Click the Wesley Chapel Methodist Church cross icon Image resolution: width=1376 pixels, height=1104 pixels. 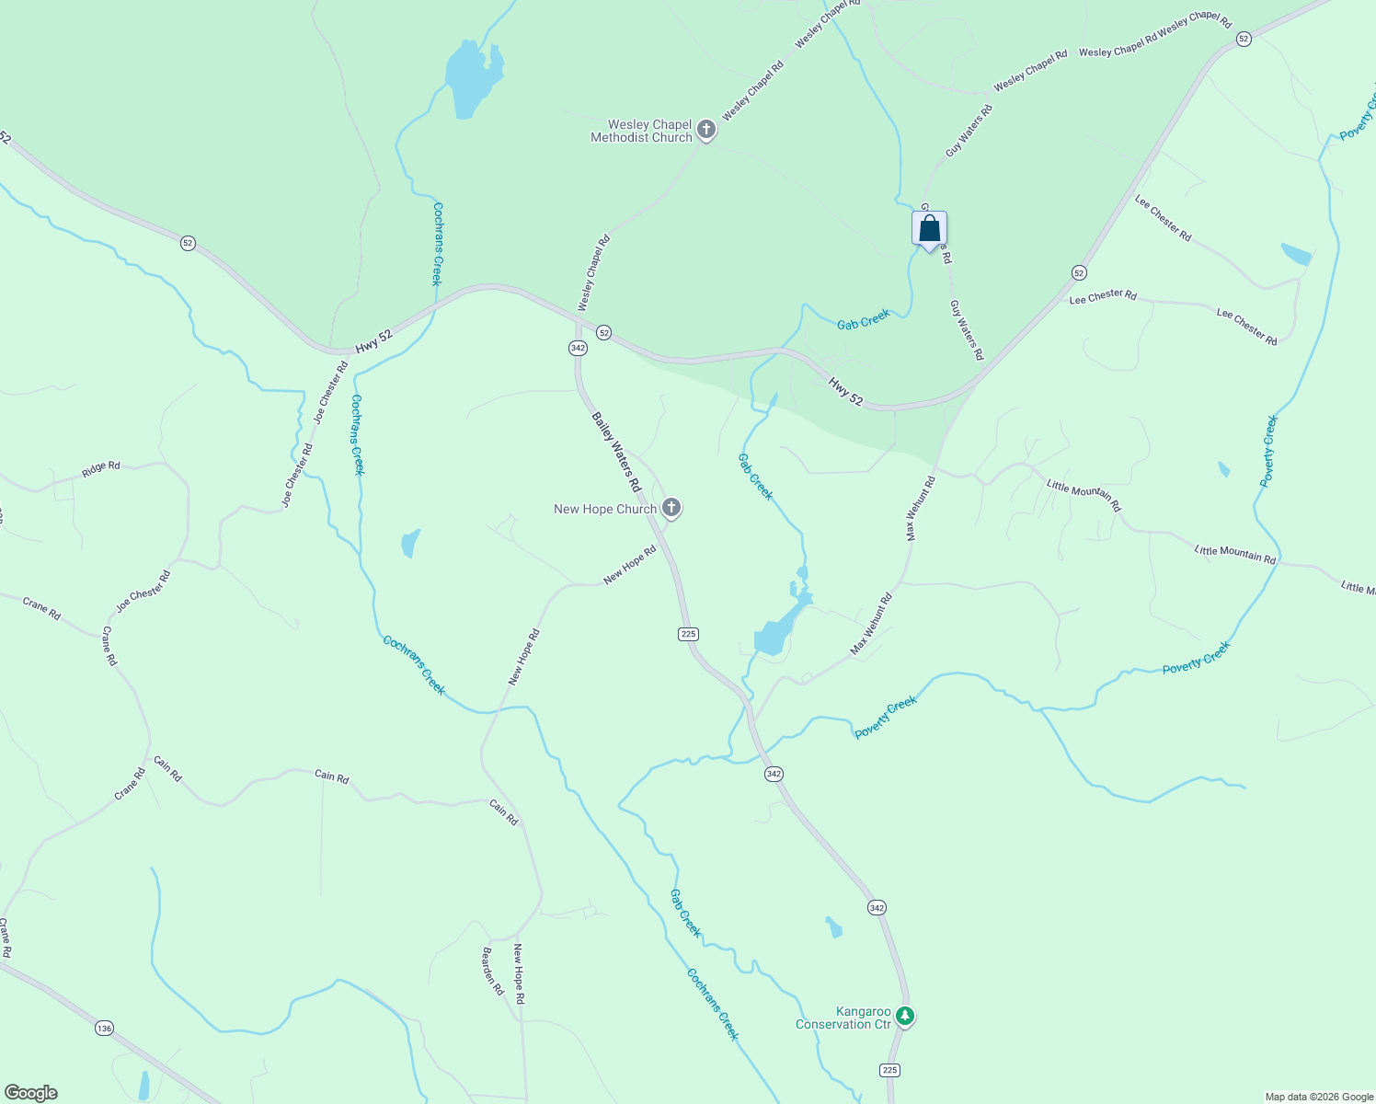706,130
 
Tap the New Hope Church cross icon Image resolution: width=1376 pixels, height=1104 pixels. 671,508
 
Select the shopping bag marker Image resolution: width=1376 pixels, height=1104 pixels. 929,229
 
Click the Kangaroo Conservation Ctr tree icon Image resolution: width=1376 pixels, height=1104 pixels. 906,1017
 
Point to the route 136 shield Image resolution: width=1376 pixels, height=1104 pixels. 104,1028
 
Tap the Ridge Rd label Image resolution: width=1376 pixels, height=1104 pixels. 101,468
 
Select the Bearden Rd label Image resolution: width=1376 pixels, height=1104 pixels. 494,972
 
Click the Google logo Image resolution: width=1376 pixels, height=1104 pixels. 30,1093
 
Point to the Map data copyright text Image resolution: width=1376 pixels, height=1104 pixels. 1319,1097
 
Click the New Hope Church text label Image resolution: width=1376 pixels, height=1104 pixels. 605,509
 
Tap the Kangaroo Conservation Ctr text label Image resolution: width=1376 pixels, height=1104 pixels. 843,1018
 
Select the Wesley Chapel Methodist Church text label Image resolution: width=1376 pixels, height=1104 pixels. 641,131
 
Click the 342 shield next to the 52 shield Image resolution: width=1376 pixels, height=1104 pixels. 578,348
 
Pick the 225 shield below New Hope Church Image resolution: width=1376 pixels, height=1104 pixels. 688,634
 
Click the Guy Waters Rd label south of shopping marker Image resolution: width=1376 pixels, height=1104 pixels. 967,329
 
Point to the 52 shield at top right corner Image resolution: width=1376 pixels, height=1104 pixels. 1244,39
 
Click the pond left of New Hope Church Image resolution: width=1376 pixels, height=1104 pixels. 410,543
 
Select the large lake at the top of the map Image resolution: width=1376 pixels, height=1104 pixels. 472,80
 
